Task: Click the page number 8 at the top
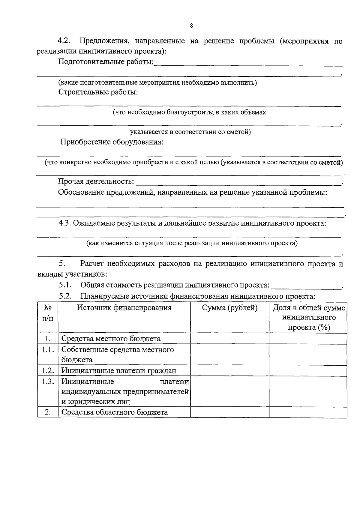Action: (191, 26)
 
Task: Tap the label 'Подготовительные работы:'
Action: (106, 62)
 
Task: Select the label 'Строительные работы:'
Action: (98, 92)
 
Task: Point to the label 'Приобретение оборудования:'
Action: (112, 142)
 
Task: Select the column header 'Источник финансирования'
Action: (124, 308)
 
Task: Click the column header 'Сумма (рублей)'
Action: (230, 308)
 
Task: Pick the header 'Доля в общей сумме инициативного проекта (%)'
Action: (309, 317)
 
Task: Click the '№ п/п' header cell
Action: (48, 313)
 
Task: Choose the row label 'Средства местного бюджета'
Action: (111, 339)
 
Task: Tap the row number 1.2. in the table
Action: (48, 370)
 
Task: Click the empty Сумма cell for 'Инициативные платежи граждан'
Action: (230, 370)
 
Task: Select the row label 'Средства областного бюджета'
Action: (114, 412)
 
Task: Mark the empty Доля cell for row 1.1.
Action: (308, 355)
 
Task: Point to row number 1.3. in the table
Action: (48, 382)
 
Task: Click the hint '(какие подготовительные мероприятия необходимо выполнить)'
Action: (157, 83)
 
